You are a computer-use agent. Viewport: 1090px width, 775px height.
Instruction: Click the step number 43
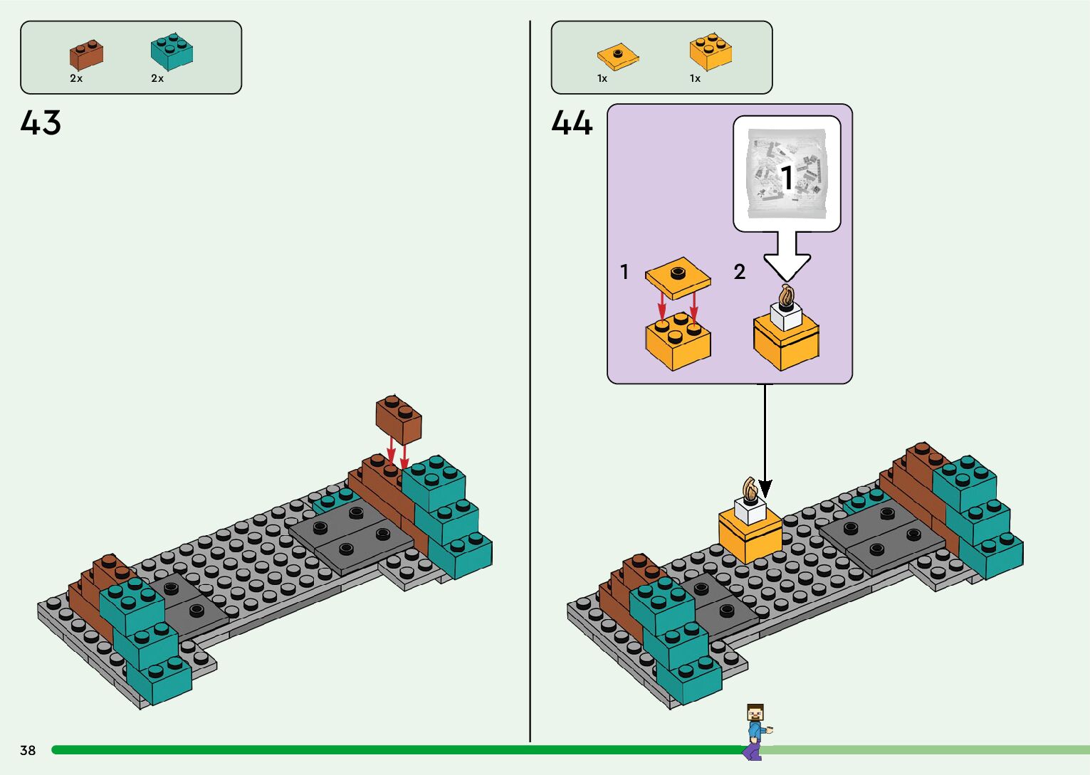[41, 123]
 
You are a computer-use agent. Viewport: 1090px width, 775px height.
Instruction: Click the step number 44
[572, 123]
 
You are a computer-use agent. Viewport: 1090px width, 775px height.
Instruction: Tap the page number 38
[28, 750]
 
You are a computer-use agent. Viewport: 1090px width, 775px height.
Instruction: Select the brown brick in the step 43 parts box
[86, 56]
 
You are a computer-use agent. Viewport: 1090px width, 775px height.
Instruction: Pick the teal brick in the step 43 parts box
[172, 51]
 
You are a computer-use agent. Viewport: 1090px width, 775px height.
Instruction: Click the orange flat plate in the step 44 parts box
[617, 56]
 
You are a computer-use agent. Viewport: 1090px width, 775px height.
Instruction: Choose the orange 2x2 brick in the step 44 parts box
[711, 51]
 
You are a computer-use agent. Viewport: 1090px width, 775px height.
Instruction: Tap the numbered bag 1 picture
[787, 174]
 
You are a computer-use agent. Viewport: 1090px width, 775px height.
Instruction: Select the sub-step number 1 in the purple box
[624, 272]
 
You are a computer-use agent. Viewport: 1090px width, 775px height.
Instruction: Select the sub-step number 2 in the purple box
[740, 272]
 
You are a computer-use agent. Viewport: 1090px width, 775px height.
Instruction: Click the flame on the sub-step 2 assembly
[786, 295]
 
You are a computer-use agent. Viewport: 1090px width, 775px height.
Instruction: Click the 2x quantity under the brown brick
[76, 78]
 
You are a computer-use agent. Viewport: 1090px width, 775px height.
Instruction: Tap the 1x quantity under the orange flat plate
[602, 78]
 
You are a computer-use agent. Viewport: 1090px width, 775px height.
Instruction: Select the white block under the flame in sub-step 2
[786, 317]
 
